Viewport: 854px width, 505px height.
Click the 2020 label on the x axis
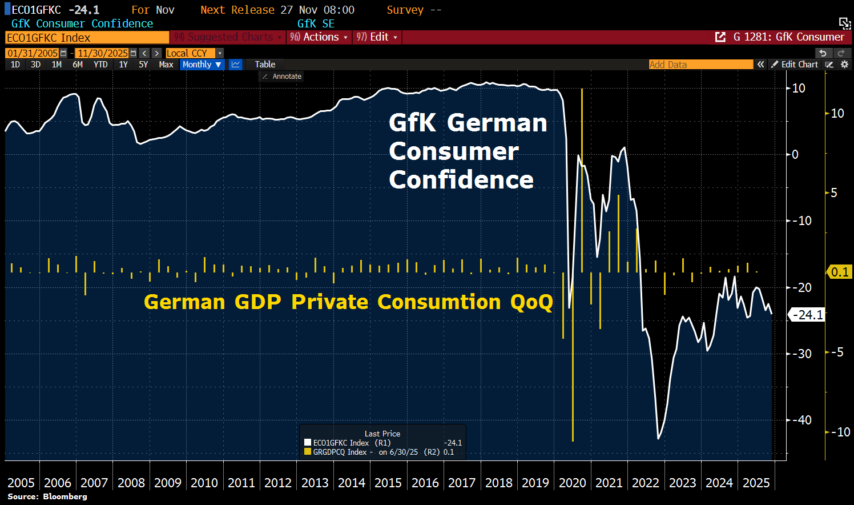[572, 483]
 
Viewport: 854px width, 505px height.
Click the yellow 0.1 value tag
[840, 272]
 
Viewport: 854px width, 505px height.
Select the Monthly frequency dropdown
[202, 65]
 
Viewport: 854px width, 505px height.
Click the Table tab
[265, 65]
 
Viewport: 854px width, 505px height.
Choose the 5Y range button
[143, 65]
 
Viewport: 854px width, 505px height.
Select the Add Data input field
[700, 65]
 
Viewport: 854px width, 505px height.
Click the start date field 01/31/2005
[33, 53]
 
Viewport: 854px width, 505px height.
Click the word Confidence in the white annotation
[461, 180]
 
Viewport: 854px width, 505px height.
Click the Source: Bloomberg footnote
[47, 496]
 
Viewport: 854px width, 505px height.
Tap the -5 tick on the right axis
[837, 352]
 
